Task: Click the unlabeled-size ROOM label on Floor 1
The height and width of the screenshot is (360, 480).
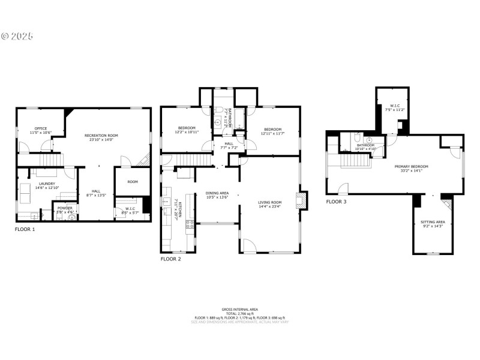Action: (133, 181)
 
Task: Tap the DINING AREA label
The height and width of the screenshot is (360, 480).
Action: (217, 194)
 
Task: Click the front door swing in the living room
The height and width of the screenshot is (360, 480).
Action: (250, 246)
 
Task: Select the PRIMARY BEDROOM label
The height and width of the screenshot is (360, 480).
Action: (411, 168)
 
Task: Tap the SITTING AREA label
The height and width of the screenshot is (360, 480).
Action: (432, 223)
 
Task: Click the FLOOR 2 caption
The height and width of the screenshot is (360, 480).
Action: (170, 259)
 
